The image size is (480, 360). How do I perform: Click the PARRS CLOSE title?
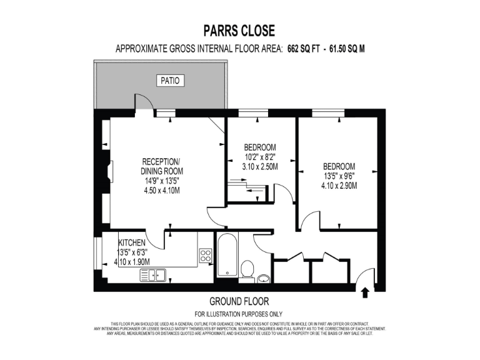pyautogui.click(x=239, y=31)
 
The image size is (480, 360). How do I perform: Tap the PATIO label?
pyautogui.click(x=168, y=81)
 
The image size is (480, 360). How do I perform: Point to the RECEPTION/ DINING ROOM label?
pyautogui.click(x=162, y=166)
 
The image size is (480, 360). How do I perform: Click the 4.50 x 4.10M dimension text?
pyautogui.click(x=162, y=191)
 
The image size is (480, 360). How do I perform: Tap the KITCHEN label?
pyautogui.click(x=132, y=242)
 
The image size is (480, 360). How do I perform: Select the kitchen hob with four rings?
pyautogui.click(x=206, y=254)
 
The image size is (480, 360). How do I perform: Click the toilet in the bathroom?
pyautogui.click(x=247, y=271)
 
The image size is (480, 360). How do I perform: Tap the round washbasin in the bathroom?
pyautogui.click(x=263, y=277)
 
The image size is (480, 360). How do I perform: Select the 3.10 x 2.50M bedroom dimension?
pyautogui.click(x=260, y=167)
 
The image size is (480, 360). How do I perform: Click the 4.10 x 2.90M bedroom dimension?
pyautogui.click(x=339, y=186)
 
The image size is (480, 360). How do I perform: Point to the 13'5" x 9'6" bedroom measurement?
pyautogui.click(x=339, y=176)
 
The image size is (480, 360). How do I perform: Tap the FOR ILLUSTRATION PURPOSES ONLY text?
pyautogui.click(x=239, y=314)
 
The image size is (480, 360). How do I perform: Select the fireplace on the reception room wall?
pyautogui.click(x=111, y=171)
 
